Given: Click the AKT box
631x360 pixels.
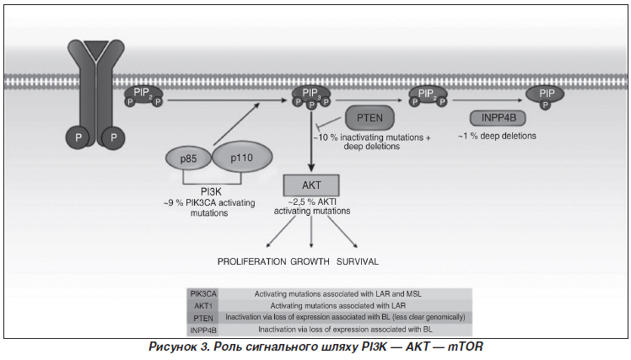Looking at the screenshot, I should tap(311, 185).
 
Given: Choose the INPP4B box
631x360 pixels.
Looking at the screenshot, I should tap(493, 119).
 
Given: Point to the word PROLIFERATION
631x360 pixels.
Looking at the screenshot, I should tap(252, 261).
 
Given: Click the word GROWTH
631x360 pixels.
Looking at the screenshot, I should tap(311, 261).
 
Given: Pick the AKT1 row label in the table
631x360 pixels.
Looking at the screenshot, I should tap(202, 304).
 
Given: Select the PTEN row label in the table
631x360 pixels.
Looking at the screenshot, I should tap(202, 316).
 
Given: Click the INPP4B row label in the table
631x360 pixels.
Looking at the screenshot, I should tap(202, 328).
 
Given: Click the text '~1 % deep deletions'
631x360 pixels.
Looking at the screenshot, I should tap(497, 136).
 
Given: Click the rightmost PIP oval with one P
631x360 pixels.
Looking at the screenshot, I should tap(546, 94).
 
